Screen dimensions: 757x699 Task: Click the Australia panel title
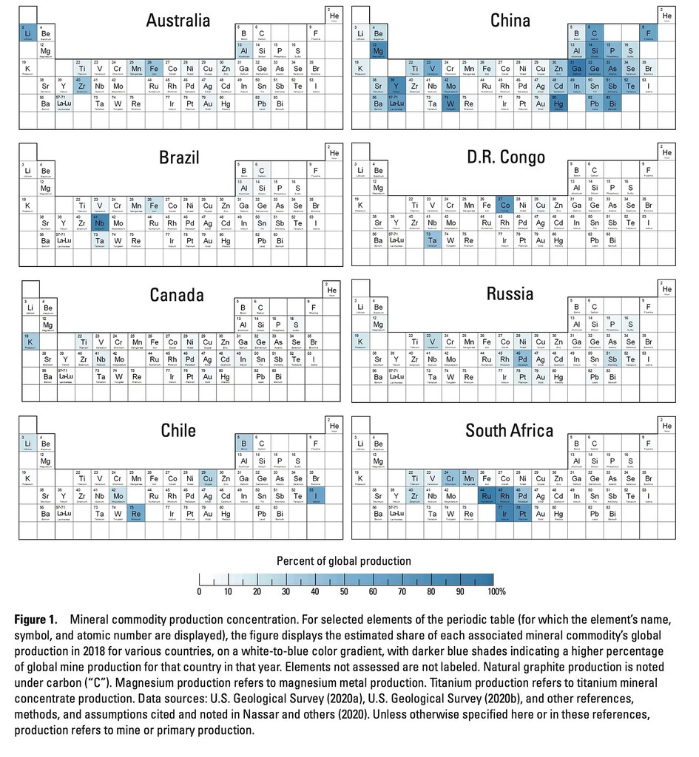(x=178, y=20)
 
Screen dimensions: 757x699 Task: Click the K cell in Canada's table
(x=27, y=342)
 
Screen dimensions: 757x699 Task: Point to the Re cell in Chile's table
(x=136, y=512)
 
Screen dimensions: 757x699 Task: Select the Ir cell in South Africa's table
(x=505, y=512)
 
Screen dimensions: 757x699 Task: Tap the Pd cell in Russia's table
(x=524, y=359)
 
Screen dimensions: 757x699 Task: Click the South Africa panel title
(x=509, y=430)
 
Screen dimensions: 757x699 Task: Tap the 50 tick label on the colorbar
(x=343, y=591)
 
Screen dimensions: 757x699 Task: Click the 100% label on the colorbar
(x=496, y=591)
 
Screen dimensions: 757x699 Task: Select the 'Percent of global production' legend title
(x=344, y=561)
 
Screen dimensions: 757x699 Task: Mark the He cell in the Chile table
(x=334, y=427)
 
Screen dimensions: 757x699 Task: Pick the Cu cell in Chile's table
(x=208, y=478)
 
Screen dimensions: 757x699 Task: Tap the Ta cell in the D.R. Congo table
(x=433, y=240)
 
